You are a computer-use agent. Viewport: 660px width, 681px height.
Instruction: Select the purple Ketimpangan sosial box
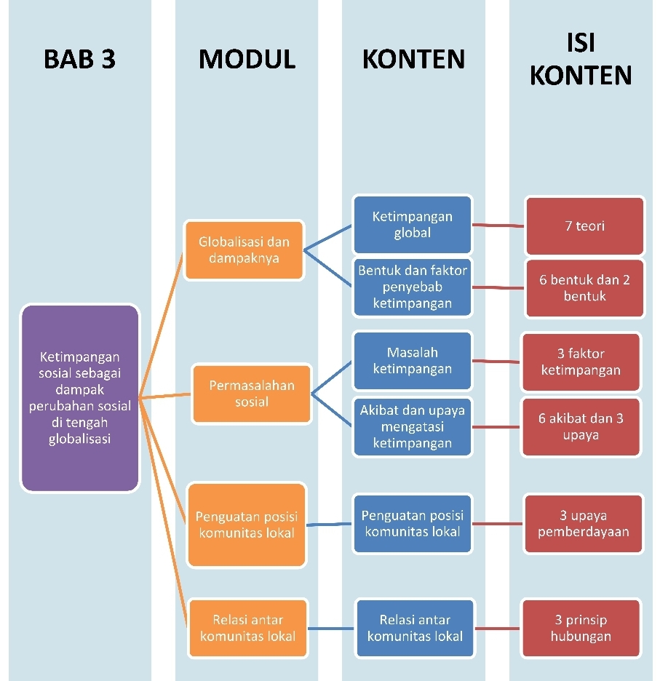pyautogui.click(x=79, y=398)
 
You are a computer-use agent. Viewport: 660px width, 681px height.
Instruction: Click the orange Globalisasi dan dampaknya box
pyautogui.click(x=244, y=250)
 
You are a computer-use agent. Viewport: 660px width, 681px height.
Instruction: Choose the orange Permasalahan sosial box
pyautogui.click(x=251, y=394)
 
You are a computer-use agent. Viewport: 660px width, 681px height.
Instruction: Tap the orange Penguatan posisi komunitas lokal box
pyautogui.click(x=246, y=525)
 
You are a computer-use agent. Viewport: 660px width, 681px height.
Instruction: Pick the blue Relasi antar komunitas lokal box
pyautogui.click(x=415, y=628)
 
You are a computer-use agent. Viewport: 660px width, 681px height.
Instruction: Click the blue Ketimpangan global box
pyautogui.click(x=412, y=224)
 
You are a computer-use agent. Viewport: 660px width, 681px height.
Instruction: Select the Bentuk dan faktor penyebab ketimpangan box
pyautogui.click(x=412, y=287)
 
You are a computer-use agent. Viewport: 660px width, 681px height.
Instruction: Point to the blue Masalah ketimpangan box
pyautogui.click(x=412, y=361)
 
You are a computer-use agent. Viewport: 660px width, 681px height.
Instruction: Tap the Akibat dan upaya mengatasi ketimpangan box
pyautogui.click(x=412, y=426)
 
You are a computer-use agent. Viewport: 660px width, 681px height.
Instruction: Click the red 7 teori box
pyautogui.click(x=584, y=226)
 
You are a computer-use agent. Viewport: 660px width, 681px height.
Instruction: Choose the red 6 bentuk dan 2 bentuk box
pyautogui.click(x=584, y=288)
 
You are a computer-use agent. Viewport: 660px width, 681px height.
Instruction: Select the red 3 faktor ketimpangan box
pyautogui.click(x=581, y=362)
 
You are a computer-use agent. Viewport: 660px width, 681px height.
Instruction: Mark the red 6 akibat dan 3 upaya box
pyautogui.click(x=581, y=426)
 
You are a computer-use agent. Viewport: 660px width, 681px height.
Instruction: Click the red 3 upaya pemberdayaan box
pyautogui.click(x=583, y=524)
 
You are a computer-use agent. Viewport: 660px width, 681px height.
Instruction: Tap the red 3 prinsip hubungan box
pyautogui.click(x=581, y=628)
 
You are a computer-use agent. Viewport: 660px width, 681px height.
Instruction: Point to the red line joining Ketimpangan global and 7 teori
pyautogui.click(x=498, y=225)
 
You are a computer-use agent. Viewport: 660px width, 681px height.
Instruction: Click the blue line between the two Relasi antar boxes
pyautogui.click(x=331, y=628)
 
